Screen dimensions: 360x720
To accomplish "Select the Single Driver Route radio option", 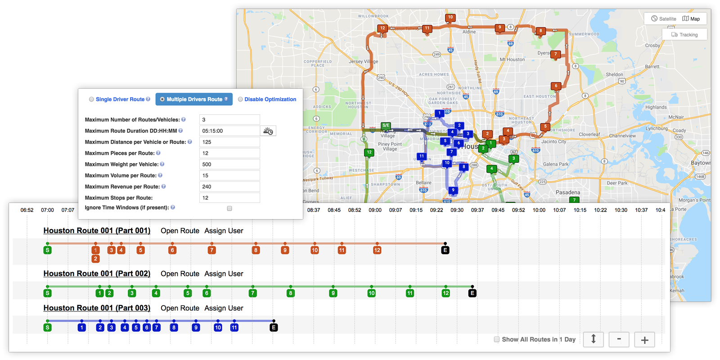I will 92,99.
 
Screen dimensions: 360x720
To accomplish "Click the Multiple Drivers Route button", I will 194,99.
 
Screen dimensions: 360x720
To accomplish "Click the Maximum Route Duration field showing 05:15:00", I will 229,131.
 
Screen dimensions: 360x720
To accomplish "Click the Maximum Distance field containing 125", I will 229,142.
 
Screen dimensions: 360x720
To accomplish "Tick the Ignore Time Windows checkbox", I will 229,208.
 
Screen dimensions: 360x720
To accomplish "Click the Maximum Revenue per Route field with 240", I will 229,187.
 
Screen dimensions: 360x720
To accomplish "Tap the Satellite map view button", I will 664,19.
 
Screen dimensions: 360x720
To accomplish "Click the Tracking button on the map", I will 684,35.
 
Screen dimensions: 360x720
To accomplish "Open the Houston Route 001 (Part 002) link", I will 97,274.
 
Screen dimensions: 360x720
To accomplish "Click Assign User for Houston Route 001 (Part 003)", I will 224,308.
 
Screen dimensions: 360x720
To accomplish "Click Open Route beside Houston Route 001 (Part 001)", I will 180,231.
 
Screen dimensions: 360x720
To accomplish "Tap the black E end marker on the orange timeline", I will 445,250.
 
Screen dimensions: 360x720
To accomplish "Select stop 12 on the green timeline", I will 445,293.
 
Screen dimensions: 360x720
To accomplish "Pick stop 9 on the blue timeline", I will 196,328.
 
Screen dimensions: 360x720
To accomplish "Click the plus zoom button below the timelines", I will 644,340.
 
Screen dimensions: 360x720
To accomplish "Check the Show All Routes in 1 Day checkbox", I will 497,339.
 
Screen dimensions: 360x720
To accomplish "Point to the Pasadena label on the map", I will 567,192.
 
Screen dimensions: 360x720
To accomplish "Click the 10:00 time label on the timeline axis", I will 539,210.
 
